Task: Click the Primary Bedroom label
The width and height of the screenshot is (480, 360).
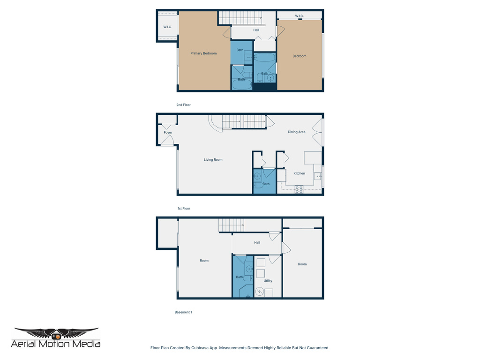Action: coord(203,53)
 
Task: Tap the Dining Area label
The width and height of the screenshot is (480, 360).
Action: coord(296,132)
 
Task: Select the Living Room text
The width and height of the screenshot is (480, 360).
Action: coord(213,160)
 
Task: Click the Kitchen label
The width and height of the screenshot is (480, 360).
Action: coord(299,173)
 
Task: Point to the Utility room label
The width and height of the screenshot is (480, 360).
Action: coord(268,281)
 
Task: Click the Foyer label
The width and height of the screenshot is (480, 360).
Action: coord(168,133)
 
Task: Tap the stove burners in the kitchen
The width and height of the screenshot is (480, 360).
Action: coord(299,189)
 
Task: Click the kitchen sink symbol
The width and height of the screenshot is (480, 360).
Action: coord(317,176)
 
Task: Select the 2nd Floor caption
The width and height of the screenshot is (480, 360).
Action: coord(183,105)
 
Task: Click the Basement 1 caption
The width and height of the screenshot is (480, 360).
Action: coord(183,312)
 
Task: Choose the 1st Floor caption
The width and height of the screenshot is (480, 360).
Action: coord(183,209)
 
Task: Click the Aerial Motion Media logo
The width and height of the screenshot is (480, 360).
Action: coord(56,338)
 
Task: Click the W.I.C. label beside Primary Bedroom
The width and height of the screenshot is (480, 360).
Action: coord(167,27)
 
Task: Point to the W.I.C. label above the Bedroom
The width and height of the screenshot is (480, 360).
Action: coord(300,16)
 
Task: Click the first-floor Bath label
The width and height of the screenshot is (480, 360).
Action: coord(266,184)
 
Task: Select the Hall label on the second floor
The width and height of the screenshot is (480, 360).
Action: coord(256,30)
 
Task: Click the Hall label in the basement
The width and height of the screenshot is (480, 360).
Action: coord(257,243)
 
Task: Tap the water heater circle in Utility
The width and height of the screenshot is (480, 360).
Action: coord(259,292)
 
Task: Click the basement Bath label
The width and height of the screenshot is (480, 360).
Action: coord(239,277)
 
